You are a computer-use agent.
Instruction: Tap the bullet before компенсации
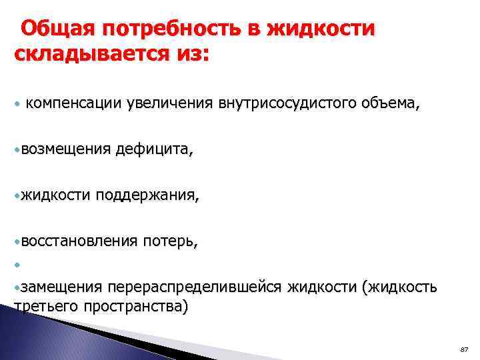(17, 104)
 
